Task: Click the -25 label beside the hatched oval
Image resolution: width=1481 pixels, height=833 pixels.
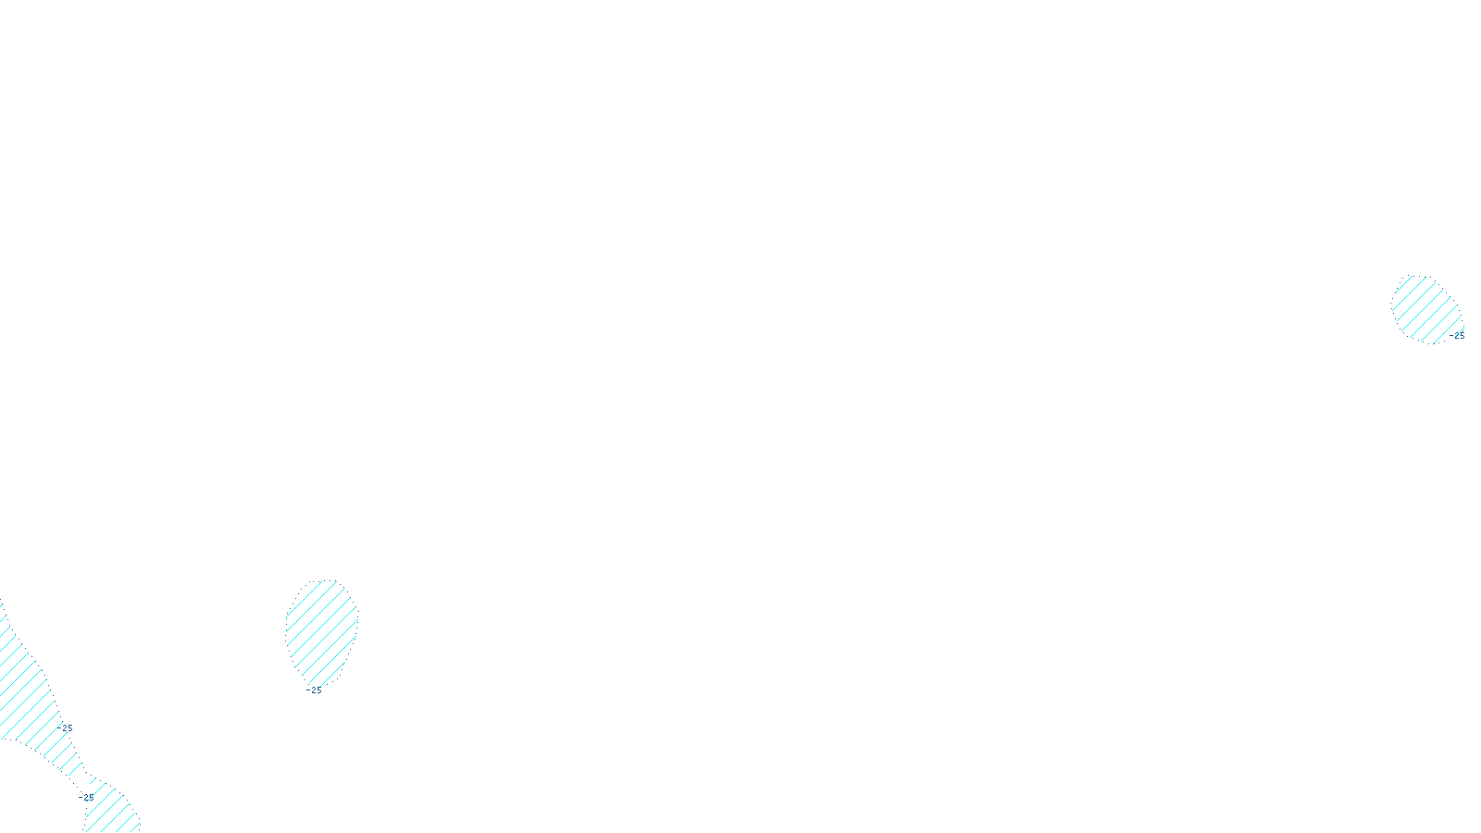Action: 1457,336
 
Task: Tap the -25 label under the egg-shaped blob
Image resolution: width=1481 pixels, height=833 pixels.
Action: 315,690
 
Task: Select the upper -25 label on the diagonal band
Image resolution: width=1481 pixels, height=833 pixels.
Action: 65,728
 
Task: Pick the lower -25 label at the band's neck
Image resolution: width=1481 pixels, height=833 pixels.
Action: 86,797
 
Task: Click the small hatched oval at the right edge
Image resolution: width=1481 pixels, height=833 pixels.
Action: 1425,308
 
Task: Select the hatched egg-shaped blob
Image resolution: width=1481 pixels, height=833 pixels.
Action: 321,629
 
